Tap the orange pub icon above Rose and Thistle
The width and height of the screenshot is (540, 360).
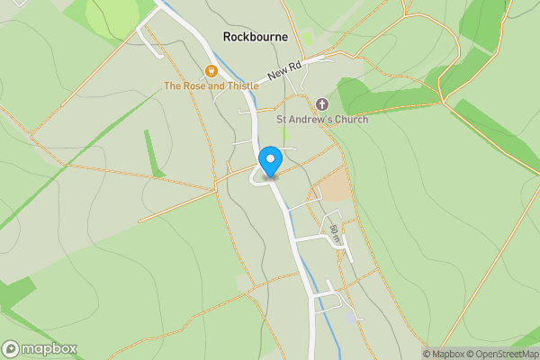[211, 71]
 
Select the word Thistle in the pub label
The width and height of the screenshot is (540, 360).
[238, 85]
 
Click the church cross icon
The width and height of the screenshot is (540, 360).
[322, 104]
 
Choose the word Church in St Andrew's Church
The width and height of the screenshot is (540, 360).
[348, 119]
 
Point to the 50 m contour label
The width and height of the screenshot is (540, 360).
[335, 236]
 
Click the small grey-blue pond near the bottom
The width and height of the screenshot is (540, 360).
[350, 319]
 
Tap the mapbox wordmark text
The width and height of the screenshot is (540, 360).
[49, 349]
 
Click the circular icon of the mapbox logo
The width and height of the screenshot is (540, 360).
[11, 349]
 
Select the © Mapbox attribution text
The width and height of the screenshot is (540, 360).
[445, 354]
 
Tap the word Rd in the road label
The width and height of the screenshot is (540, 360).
[296, 66]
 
